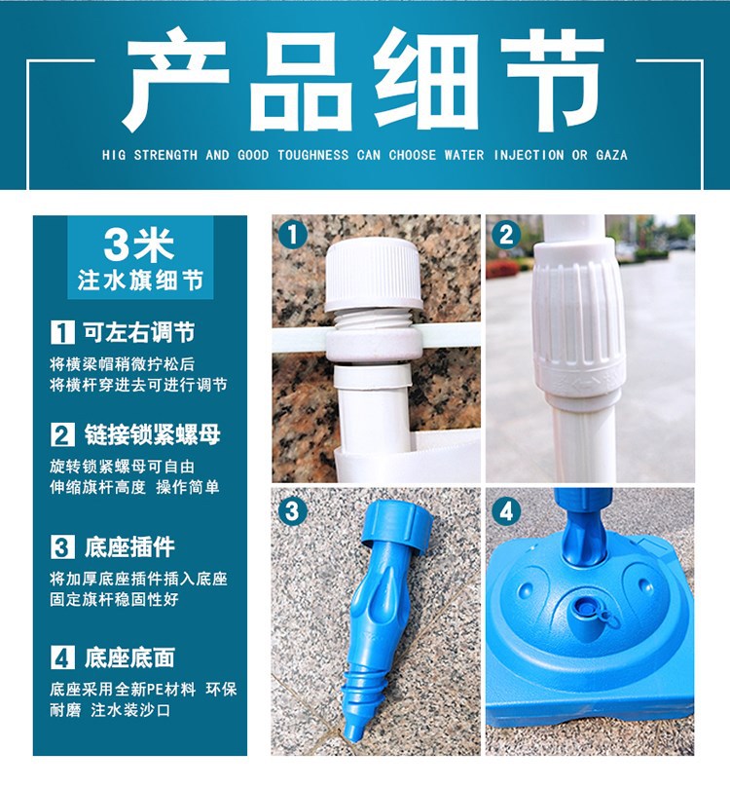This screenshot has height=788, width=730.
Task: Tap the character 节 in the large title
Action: [553, 80]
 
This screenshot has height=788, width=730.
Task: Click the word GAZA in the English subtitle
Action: [611, 155]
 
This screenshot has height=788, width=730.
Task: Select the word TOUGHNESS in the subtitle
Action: [312, 155]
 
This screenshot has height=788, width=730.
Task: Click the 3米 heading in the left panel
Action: [139, 244]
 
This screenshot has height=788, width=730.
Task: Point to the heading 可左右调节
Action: [139, 332]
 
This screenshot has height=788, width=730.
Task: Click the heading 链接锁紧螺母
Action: [152, 434]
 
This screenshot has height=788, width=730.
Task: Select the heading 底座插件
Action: [129, 547]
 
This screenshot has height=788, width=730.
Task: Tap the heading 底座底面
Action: [129, 657]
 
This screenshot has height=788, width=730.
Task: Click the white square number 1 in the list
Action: [62, 333]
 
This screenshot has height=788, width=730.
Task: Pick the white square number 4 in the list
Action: [62, 657]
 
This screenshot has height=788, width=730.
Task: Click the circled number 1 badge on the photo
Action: [292, 235]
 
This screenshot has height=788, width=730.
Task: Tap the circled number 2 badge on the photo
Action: [506, 235]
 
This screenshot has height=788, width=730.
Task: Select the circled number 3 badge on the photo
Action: [292, 511]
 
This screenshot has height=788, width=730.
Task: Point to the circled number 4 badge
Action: [506, 511]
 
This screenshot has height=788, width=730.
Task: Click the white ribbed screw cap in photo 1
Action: [374, 275]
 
